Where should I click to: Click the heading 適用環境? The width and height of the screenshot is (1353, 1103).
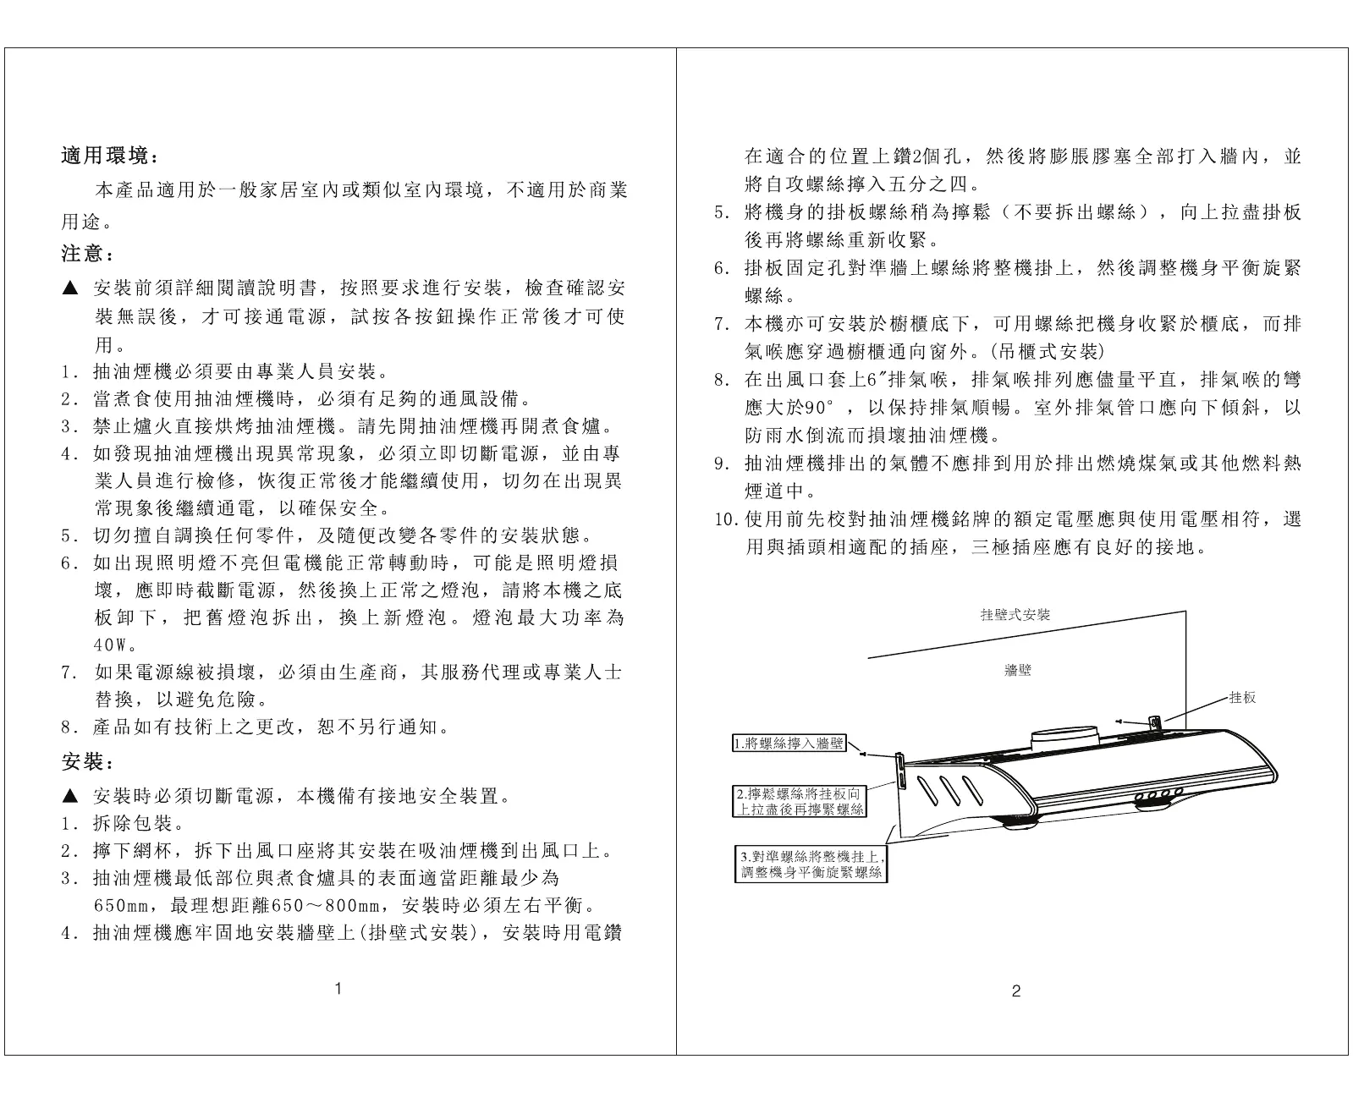pyautogui.click(x=109, y=156)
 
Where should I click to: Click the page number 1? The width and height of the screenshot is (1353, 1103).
pyautogui.click(x=338, y=988)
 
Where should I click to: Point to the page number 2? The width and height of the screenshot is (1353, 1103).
pyautogui.click(x=1016, y=991)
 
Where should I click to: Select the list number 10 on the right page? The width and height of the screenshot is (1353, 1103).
pyautogui.click(x=728, y=519)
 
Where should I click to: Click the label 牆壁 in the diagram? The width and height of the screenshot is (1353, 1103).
pyautogui.click(x=1017, y=671)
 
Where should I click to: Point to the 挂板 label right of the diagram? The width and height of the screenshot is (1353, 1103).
pyautogui.click(x=1242, y=698)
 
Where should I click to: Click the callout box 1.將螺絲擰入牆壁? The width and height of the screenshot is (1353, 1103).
pyautogui.click(x=789, y=744)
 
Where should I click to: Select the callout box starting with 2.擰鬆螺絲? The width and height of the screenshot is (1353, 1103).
pyautogui.click(x=800, y=802)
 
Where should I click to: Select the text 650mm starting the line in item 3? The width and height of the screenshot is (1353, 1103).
pyautogui.click(x=122, y=907)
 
